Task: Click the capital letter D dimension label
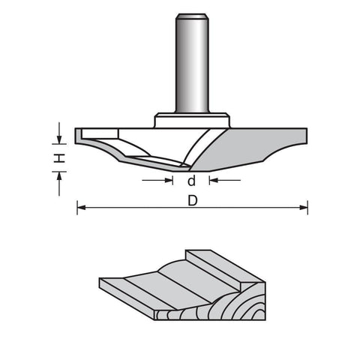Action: [193, 200]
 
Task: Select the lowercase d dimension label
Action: [191, 181]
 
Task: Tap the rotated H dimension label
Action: [60, 158]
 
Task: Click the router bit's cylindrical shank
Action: [192, 63]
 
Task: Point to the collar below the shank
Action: [192, 121]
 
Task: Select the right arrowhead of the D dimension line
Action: [304, 208]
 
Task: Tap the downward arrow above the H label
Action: [59, 133]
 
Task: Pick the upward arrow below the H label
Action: [59, 184]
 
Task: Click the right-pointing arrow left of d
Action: [157, 180]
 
